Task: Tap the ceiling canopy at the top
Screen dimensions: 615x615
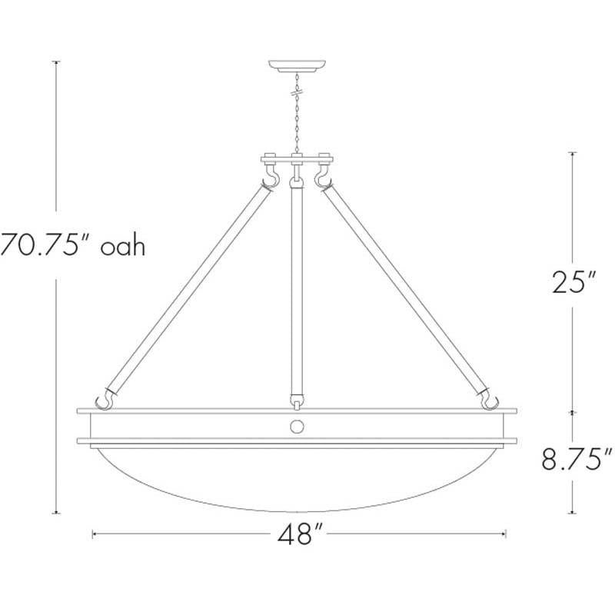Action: tap(296, 65)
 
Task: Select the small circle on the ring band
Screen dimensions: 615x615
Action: tap(298, 427)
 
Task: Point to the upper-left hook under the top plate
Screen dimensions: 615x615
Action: tap(270, 179)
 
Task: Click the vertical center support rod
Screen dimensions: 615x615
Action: tap(296, 292)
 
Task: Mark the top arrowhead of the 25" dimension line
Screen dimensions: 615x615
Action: tap(571, 154)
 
